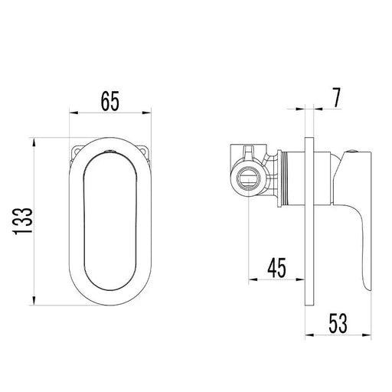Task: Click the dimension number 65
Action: [x=110, y=101]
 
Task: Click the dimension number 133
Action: [x=23, y=221]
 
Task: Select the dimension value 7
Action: [x=337, y=98]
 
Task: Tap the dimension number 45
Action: [x=276, y=268]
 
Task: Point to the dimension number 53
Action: [x=338, y=323]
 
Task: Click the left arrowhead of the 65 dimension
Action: [x=73, y=113]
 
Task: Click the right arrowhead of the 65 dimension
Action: [x=147, y=113]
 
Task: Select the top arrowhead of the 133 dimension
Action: [x=34, y=142]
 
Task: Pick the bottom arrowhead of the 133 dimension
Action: [x=34, y=301]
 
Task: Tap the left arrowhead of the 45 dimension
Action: [x=253, y=279]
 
